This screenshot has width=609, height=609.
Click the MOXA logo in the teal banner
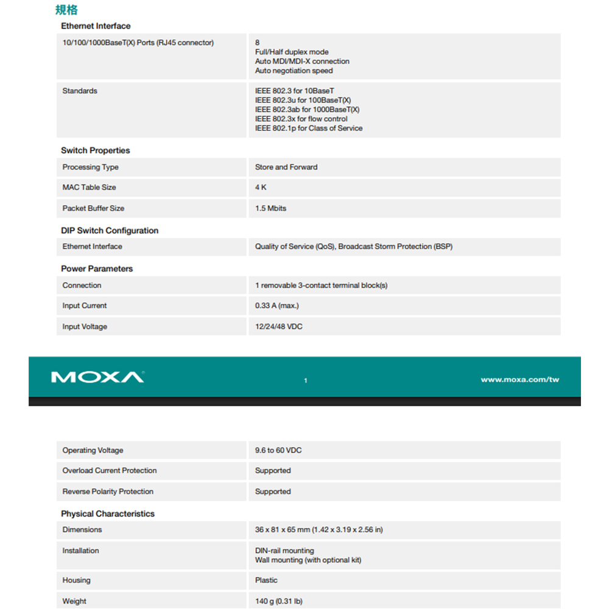point(97,377)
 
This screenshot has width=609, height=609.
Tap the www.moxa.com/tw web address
point(519,379)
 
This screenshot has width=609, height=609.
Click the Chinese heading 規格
point(66,10)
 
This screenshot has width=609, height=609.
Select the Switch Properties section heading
point(95,150)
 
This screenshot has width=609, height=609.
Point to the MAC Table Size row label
point(89,187)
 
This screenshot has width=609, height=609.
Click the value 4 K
point(261,187)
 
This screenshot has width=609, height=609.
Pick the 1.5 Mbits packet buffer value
point(270,208)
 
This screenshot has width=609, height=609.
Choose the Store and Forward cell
point(286,167)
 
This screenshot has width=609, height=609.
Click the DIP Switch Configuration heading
point(110,231)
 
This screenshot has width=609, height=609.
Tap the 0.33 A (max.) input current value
point(277,306)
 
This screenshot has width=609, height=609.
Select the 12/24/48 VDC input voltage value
point(279,326)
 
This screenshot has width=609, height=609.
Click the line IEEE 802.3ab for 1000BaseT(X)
point(307,110)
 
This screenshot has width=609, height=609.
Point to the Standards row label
point(80,91)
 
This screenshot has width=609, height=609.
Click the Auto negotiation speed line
point(294,71)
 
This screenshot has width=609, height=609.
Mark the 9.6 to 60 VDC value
point(278,450)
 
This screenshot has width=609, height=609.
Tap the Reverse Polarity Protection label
point(108,491)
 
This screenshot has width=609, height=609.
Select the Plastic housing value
point(266,580)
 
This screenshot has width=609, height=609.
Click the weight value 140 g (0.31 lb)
point(278,601)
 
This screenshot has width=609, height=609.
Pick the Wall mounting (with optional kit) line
point(308,560)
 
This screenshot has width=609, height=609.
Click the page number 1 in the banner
point(306,381)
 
